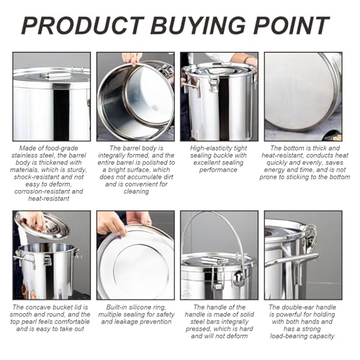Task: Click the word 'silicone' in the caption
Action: point(140,307)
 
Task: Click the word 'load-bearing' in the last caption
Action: point(288,336)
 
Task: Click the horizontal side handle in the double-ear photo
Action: point(292,260)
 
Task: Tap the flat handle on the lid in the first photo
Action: point(56,76)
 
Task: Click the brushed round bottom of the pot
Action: point(300,95)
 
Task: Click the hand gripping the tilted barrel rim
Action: point(132,58)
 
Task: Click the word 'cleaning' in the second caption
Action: point(136,192)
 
